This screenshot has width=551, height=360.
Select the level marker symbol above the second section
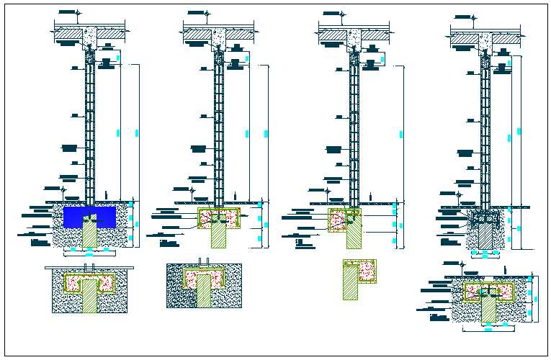(207, 14)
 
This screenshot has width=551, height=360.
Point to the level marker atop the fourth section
(474, 15)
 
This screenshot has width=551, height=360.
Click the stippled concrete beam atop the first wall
(89, 36)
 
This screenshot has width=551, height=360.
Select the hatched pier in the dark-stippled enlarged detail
(204, 292)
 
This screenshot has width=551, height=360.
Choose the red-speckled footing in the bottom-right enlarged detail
(504, 292)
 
